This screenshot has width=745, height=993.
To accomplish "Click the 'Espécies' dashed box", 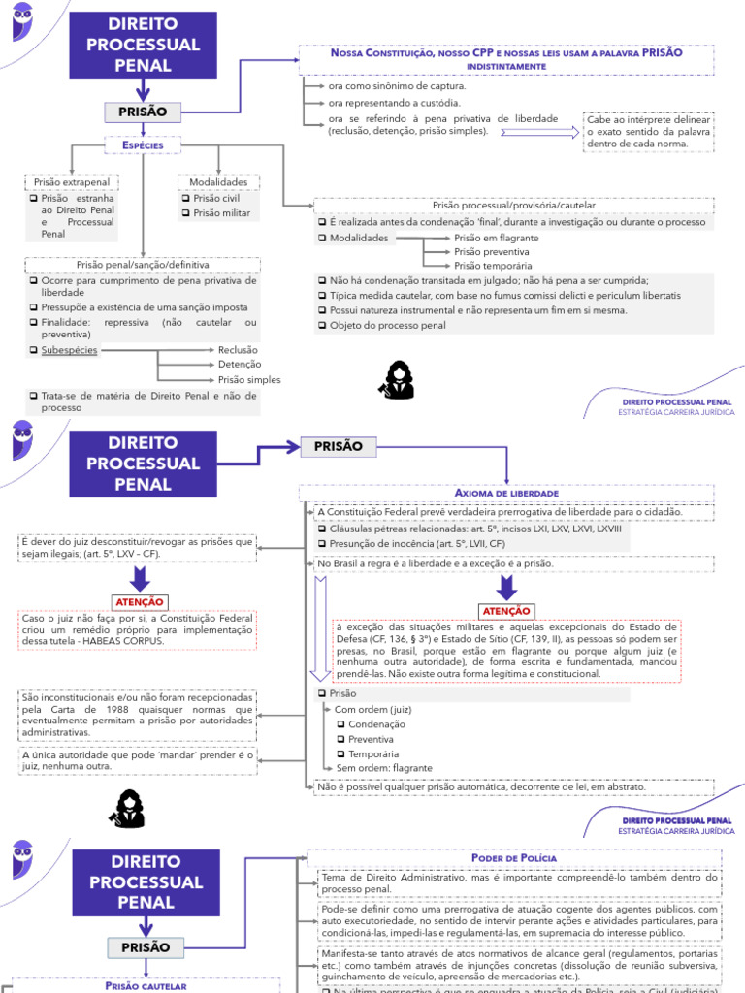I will tap(144, 144).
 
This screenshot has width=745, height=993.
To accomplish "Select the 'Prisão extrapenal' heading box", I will tap(72, 182).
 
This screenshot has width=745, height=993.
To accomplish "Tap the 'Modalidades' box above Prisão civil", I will tap(218, 182).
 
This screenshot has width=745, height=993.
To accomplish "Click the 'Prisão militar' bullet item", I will tap(222, 213).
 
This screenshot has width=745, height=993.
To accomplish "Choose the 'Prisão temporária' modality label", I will tap(492, 265).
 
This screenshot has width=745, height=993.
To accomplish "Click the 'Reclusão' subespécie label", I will tap(238, 350).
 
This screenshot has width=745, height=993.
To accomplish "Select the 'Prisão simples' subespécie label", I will tap(249, 380).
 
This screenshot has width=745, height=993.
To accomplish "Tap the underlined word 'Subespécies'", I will tap(69, 350).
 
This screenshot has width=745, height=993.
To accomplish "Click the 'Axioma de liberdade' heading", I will tap(506, 493).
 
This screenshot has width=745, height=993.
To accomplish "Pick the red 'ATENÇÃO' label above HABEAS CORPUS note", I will tap(140, 601).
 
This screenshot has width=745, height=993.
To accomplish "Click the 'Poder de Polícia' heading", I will tap(513, 858).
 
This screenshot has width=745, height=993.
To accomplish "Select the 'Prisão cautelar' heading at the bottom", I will tap(145, 985).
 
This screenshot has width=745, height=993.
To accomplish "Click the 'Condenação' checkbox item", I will tap(376, 723).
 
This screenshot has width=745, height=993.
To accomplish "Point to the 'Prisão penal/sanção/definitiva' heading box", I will tap(142, 264).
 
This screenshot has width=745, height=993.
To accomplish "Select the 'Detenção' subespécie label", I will tap(240, 365).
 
